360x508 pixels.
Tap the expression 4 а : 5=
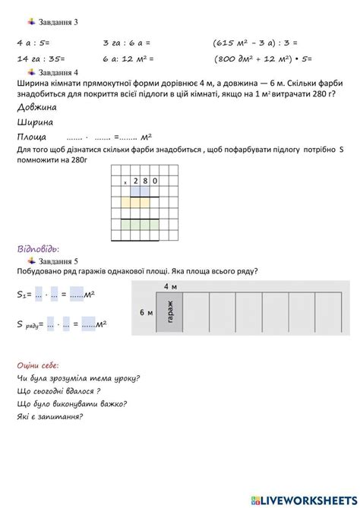pos(34,43)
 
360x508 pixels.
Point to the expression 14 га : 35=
pos(40,58)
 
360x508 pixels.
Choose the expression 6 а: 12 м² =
pos(129,58)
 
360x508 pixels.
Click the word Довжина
pos(35,109)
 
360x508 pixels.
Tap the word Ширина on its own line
pos(34,122)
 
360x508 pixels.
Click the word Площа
pos(31,137)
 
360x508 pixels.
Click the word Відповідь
pos(37,249)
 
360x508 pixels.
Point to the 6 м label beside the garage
pos(146,312)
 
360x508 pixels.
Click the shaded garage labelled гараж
pos(170,312)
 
